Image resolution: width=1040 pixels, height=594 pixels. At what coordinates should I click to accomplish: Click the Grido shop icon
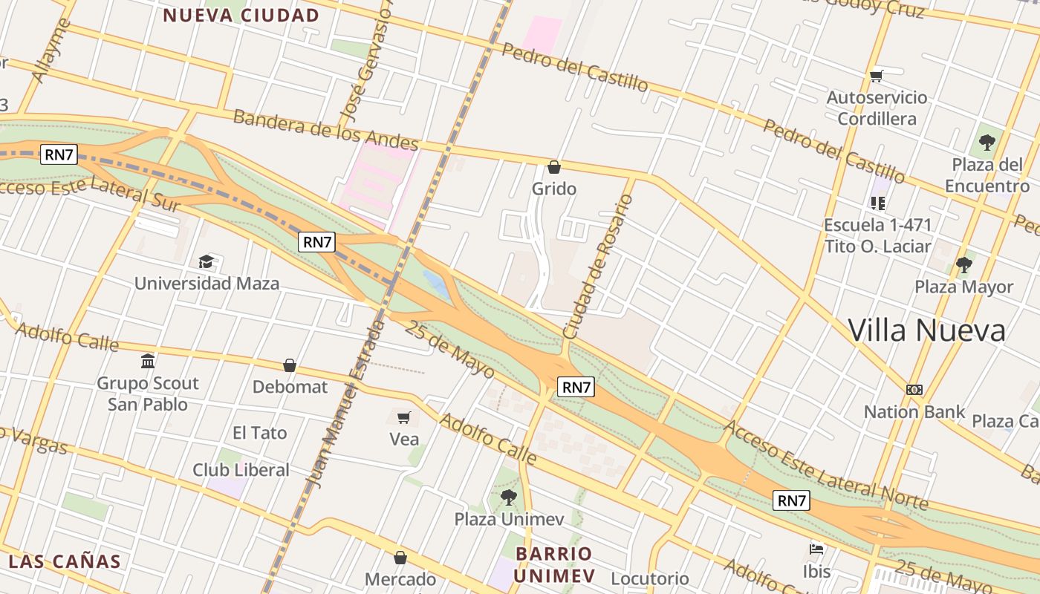pyautogui.click(x=553, y=167)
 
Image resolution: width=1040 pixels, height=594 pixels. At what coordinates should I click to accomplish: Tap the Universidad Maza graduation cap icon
pyautogui.click(x=206, y=261)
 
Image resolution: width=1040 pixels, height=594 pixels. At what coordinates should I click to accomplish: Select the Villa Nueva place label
pyautogui.click(x=926, y=330)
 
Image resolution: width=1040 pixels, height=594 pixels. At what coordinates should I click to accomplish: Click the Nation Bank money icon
pyautogui.click(x=914, y=389)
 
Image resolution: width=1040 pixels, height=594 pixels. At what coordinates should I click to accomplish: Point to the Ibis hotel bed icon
pyautogui.click(x=816, y=549)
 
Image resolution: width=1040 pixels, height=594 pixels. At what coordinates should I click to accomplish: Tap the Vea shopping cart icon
pyautogui.click(x=403, y=417)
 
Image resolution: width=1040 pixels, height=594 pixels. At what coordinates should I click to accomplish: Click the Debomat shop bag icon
pyautogui.click(x=290, y=365)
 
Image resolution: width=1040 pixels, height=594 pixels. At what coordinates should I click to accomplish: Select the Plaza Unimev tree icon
pyautogui.click(x=509, y=497)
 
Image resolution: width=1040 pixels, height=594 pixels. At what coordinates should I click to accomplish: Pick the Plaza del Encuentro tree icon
pyautogui.click(x=987, y=142)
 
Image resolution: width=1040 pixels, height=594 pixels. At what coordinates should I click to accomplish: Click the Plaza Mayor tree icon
pyautogui.click(x=964, y=264)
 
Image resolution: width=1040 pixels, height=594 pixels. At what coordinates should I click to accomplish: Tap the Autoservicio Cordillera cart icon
pyautogui.click(x=877, y=76)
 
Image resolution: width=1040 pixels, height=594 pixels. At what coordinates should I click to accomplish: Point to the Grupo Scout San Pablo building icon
pyautogui.click(x=148, y=362)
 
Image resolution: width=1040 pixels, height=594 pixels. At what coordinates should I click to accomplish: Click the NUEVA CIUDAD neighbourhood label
pyautogui.click(x=241, y=15)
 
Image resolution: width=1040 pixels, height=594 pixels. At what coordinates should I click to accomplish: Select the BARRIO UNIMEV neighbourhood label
pyautogui.click(x=554, y=564)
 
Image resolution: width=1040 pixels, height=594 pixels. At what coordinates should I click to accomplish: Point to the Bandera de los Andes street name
pyautogui.click(x=325, y=129)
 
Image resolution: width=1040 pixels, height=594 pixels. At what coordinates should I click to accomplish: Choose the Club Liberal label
pyautogui.click(x=241, y=470)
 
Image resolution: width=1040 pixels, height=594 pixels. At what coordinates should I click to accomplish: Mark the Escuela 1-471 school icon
pyautogui.click(x=878, y=203)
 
